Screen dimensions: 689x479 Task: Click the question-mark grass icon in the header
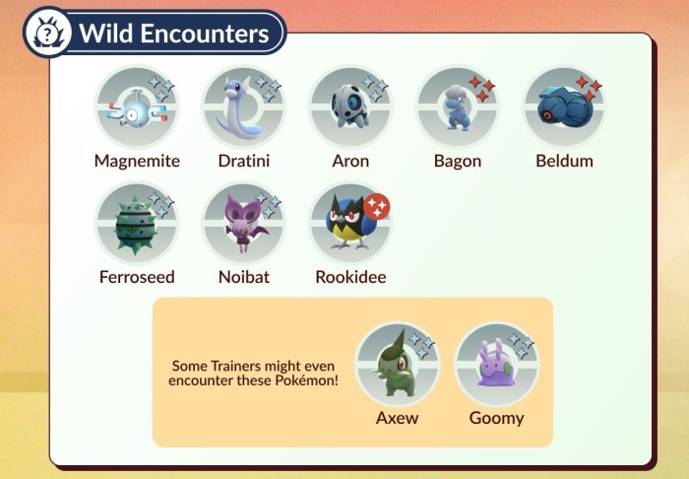(47, 32)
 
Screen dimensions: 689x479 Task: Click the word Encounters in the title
(205, 34)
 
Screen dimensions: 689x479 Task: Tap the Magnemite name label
(137, 161)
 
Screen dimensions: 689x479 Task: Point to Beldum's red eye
(547, 115)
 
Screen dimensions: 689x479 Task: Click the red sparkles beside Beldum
(590, 88)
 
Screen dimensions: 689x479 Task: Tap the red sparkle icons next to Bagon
(482, 88)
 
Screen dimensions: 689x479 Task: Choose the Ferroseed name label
(137, 277)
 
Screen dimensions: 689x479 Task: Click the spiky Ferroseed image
(136, 226)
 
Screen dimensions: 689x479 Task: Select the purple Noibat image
(244, 223)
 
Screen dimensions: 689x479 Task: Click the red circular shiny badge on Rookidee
(377, 206)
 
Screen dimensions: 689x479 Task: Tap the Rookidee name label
(350, 277)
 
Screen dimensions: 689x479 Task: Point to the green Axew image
(394, 364)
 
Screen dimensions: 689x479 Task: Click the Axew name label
(397, 418)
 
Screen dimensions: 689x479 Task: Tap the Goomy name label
(496, 419)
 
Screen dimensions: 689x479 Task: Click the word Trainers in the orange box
(235, 366)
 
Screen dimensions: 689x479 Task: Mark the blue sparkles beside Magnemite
(161, 88)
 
